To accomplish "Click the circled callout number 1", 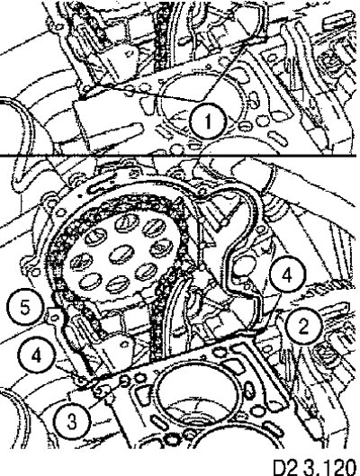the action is pyautogui.click(x=208, y=121).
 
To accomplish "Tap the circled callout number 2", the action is pyautogui.click(x=303, y=326).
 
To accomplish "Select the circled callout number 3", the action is pyautogui.click(x=72, y=421).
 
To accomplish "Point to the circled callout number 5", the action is pyautogui.click(x=25, y=307).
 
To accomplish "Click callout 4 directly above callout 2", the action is pyautogui.click(x=287, y=275).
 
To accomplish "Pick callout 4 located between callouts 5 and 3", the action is pyautogui.click(x=36, y=355).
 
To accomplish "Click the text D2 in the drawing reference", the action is pyautogui.click(x=286, y=468).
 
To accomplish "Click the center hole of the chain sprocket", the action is pyautogui.click(x=121, y=255).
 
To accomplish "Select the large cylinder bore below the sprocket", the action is pyautogui.click(x=196, y=395).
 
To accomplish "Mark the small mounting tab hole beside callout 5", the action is pyautogui.click(x=55, y=317).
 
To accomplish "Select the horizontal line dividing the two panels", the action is pyautogui.click(x=178, y=156).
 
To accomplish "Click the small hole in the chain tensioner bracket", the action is pyautogui.click(x=125, y=344).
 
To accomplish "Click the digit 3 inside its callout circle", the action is pyautogui.click(x=72, y=421).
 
